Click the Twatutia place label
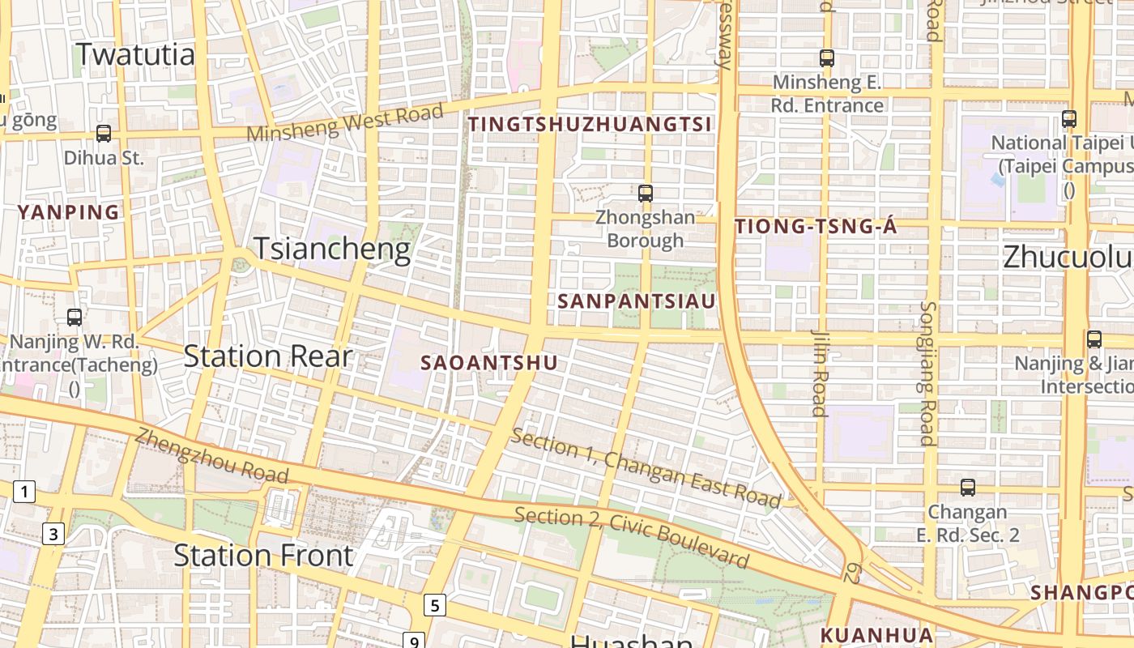tap(135, 54)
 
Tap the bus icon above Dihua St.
tap(104, 134)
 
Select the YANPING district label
tap(69, 212)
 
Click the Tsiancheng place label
tap(332, 249)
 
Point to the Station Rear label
tap(268, 356)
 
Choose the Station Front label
tap(263, 555)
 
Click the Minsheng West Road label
tap(346, 122)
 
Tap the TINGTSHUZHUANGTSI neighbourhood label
tap(590, 124)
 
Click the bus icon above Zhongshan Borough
tap(646, 194)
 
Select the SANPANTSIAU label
tap(637, 301)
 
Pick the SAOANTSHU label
tap(489, 363)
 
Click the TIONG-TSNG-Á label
tap(816, 227)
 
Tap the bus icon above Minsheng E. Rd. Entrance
tap(827, 58)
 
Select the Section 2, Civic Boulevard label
tap(632, 537)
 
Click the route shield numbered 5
tap(436, 604)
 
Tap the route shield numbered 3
tap(53, 534)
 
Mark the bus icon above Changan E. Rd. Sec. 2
tap(968, 488)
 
